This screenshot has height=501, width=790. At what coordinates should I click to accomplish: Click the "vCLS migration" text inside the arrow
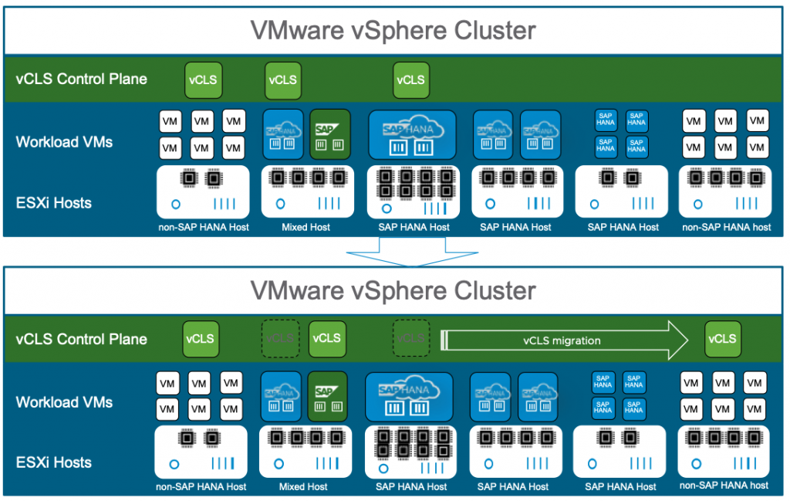(x=562, y=340)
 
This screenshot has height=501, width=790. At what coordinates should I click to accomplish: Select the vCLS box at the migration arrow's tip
(x=722, y=339)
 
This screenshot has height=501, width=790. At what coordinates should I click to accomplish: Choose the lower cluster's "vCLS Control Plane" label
(x=81, y=339)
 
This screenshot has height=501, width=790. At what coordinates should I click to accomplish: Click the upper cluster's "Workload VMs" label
(x=64, y=142)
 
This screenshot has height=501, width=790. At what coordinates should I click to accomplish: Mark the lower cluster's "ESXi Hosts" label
(x=53, y=462)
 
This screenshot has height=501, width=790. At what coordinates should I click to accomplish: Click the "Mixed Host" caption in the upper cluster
(x=306, y=227)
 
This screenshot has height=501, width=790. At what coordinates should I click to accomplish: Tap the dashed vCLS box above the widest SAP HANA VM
(x=410, y=339)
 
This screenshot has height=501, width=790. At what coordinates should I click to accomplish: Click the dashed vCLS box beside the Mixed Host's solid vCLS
(x=281, y=339)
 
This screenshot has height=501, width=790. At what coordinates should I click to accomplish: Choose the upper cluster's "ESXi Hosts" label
(x=53, y=203)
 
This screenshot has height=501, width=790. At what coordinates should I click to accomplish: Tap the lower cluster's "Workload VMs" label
(x=64, y=402)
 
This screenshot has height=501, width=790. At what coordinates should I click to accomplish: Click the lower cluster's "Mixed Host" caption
(x=303, y=486)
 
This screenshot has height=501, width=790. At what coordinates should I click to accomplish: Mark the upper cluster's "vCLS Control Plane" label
(x=81, y=79)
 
